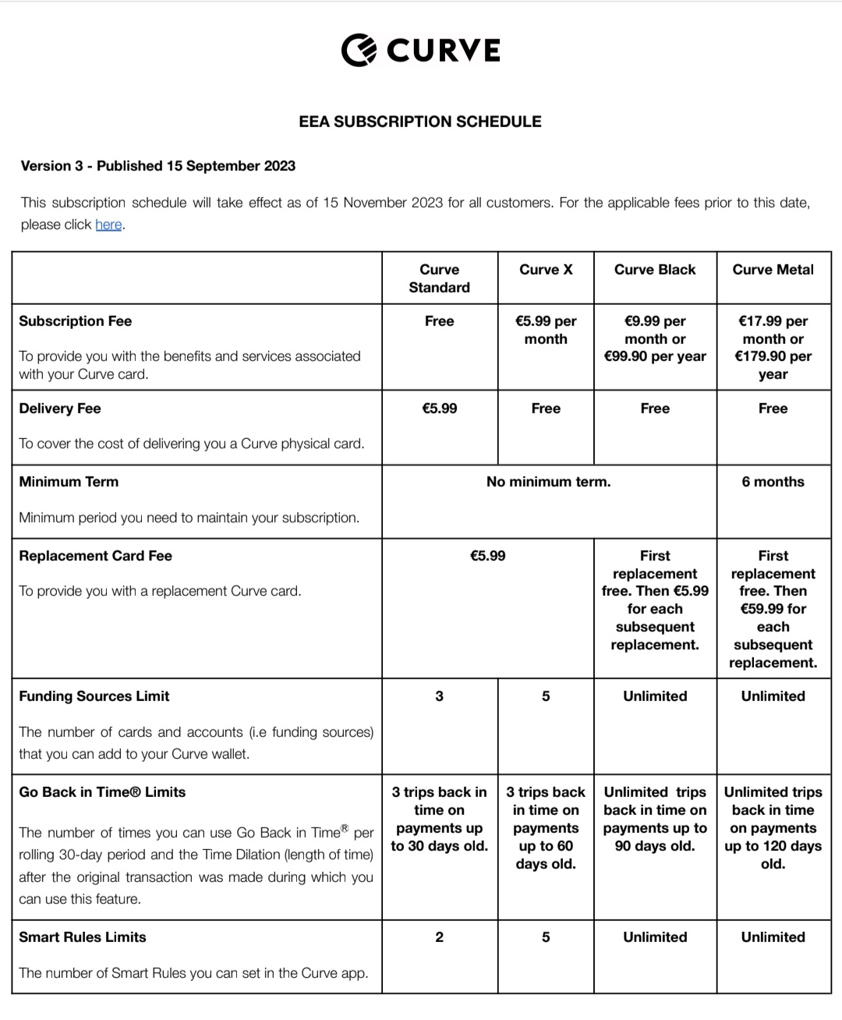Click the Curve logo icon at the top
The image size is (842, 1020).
359,50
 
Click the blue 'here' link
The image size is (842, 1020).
108,225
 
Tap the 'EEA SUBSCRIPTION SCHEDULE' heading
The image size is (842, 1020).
420,122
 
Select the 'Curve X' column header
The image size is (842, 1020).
546,270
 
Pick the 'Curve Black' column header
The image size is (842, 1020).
655,270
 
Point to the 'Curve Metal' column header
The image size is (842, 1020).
773,270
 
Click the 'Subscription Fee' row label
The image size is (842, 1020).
76,321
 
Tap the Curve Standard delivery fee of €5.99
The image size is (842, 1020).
439,409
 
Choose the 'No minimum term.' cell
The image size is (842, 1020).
548,482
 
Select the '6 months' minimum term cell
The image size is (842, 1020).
773,482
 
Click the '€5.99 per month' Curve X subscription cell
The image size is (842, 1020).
546,330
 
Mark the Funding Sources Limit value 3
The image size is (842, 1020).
439,696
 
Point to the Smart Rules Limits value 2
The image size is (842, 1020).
439,937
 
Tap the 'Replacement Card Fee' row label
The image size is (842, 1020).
96,556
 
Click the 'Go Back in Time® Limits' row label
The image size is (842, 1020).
102,792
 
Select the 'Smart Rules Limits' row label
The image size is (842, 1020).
83,937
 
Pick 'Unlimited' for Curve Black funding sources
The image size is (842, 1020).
655,696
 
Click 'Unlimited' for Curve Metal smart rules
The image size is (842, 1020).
773,937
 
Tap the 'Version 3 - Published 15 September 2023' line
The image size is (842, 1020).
158,166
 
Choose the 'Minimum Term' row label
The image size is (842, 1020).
69,482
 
